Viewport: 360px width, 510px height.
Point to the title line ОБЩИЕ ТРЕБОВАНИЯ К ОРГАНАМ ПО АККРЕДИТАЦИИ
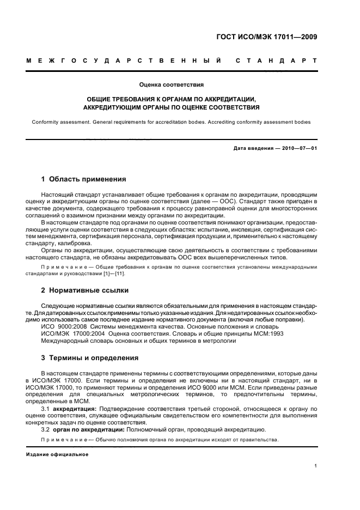coord(172,100)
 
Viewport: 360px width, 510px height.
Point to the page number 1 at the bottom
coord(315,466)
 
